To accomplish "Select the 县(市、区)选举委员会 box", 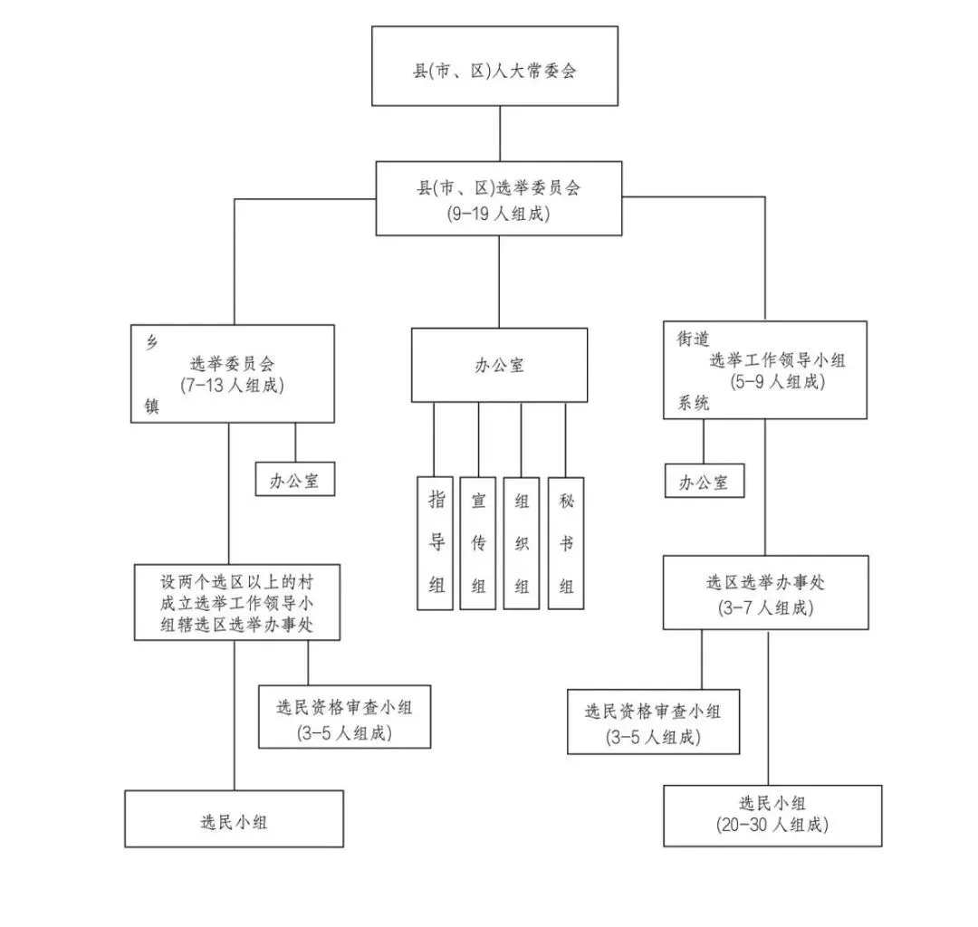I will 499,198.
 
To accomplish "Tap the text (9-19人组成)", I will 499,215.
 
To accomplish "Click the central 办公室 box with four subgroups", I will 499,365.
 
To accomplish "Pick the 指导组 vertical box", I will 436,542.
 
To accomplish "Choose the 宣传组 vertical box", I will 478,542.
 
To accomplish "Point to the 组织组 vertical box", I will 522,542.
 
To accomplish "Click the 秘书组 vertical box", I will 566,542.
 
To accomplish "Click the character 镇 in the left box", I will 151,406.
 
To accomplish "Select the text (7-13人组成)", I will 232,384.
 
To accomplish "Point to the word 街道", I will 694,338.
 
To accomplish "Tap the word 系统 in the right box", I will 694,404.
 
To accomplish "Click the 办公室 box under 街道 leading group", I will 704,482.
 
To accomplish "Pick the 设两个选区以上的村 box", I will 237,602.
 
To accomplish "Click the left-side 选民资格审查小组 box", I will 344,716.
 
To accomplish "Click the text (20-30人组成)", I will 772,825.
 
